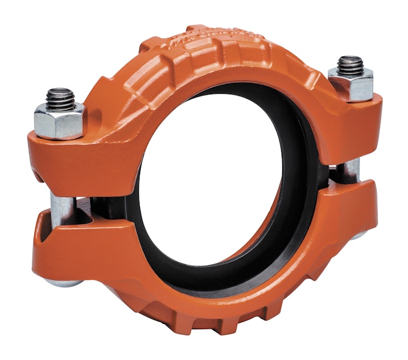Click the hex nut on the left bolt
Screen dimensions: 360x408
click(x=59, y=121)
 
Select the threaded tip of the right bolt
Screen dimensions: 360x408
click(x=350, y=64)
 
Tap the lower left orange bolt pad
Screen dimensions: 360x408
click(x=80, y=246)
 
